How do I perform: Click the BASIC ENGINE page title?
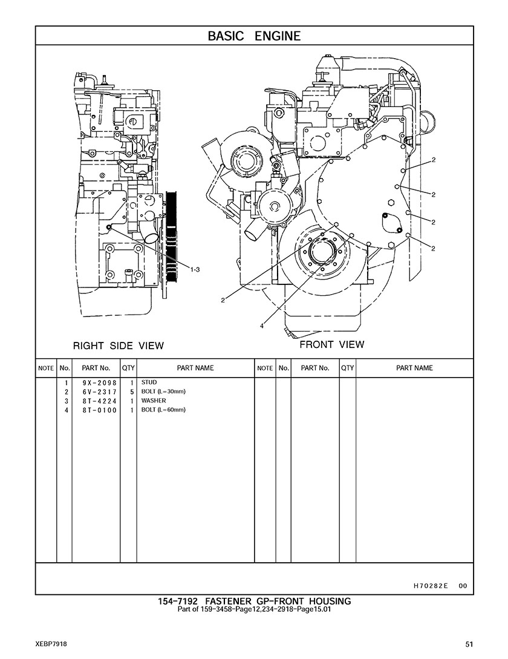[254, 36]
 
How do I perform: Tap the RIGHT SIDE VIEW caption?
[119, 346]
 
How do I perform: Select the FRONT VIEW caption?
[332, 345]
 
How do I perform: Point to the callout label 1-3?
[195, 270]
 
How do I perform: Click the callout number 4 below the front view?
[262, 326]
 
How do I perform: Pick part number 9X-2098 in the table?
[100, 383]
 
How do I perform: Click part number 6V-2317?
[100, 392]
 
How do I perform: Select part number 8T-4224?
[100, 401]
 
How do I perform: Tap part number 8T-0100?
[100, 410]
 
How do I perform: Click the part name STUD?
[149, 382]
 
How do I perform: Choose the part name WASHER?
[154, 401]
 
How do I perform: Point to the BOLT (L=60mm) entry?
[163, 410]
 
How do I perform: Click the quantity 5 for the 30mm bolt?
[131, 392]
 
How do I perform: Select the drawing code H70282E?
[428, 586]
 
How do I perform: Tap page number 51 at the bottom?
[469, 644]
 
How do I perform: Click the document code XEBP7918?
[51, 644]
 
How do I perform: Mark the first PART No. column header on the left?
[96, 368]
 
